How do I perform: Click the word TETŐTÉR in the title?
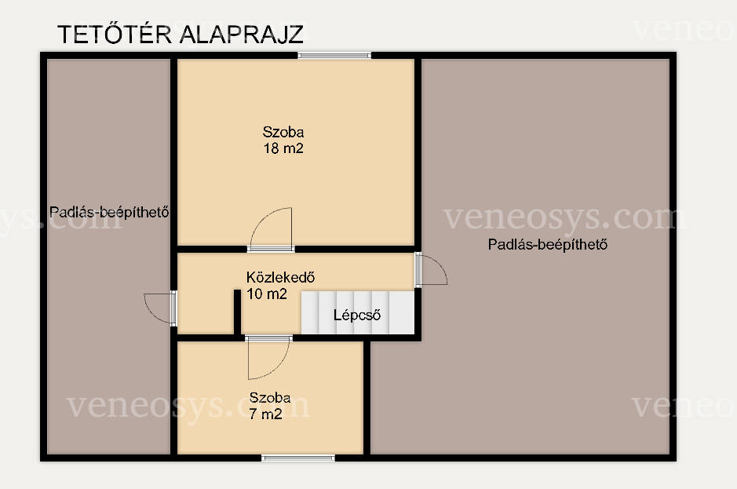click(x=115, y=34)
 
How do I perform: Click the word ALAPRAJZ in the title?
click(x=242, y=34)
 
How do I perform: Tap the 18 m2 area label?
click(x=283, y=148)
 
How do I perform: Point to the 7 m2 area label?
click(x=265, y=414)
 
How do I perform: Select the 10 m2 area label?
click(x=267, y=294)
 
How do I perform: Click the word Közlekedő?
click(x=281, y=277)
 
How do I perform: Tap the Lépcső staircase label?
click(x=357, y=315)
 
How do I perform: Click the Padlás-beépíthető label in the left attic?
click(x=109, y=212)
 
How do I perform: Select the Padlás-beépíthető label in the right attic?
click(x=548, y=245)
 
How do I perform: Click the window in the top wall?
click(x=334, y=56)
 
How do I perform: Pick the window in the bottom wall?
click(x=298, y=458)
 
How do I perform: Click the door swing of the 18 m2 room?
click(x=270, y=228)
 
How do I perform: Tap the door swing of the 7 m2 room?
click(x=268, y=357)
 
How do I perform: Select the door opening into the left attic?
click(x=161, y=308)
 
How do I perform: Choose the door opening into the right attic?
click(x=431, y=269)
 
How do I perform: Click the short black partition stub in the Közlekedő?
click(x=237, y=312)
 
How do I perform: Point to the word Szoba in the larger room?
click(x=283, y=132)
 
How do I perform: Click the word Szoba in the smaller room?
click(x=270, y=398)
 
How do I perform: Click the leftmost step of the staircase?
click(x=310, y=312)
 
